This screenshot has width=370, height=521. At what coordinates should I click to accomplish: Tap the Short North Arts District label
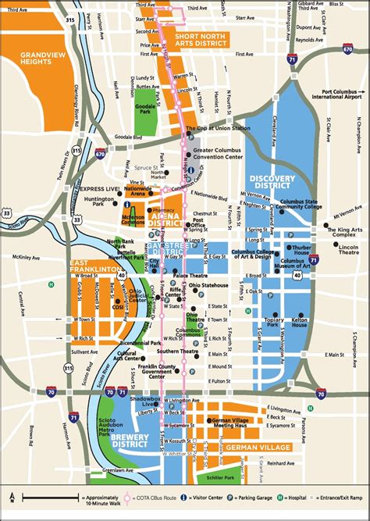point(202,40)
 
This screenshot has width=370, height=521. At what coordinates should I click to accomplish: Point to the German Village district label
point(261,446)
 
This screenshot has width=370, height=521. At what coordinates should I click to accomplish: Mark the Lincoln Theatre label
point(349,249)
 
